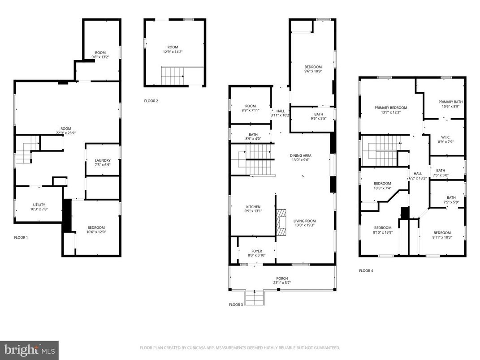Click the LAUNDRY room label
(103, 160)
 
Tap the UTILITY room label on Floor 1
(39, 205)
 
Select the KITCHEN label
(253, 206)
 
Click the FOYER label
(256, 251)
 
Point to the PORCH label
(282, 279)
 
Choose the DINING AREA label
(300, 155)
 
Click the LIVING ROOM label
(305, 221)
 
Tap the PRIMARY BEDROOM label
(391, 107)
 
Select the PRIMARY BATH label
(450, 102)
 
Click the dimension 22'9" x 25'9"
(66, 133)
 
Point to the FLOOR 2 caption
(151, 101)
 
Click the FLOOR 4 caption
(366, 270)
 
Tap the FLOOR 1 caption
(21, 237)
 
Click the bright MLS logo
(29, 350)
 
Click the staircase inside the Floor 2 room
(173, 76)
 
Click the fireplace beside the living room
(281, 223)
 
